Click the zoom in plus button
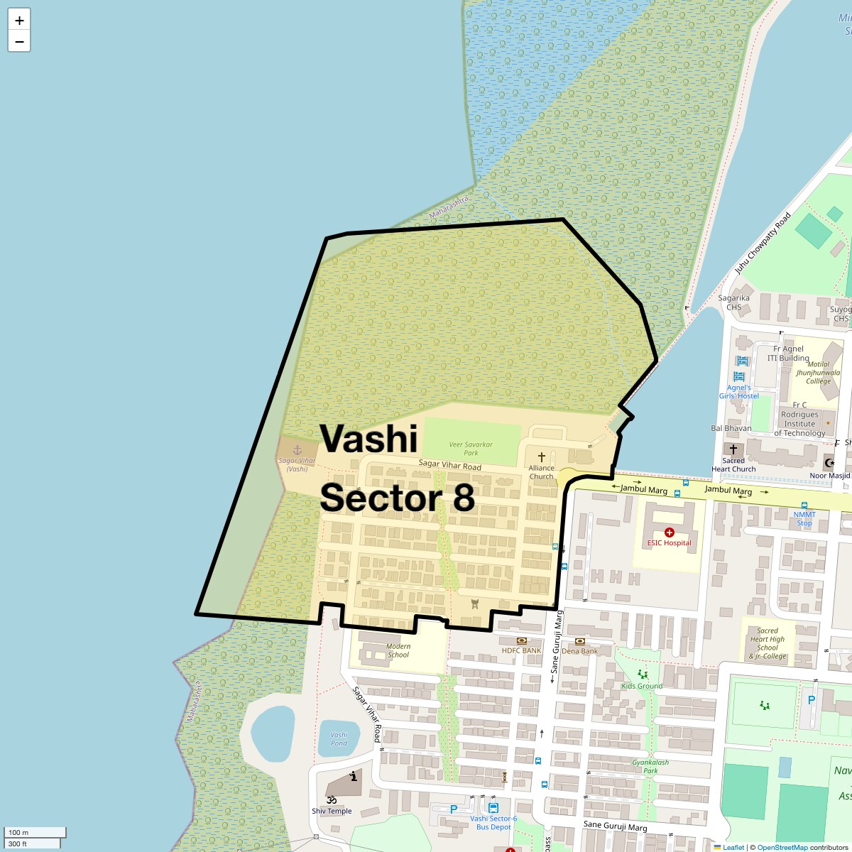(x=19, y=21)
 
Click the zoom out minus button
(x=19, y=42)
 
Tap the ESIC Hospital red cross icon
(x=669, y=532)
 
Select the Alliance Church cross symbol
(x=542, y=457)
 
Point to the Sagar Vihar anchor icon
(x=297, y=450)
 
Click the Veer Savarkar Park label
(x=471, y=449)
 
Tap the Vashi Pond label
(x=339, y=739)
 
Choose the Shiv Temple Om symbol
(x=331, y=800)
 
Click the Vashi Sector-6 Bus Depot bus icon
(x=493, y=808)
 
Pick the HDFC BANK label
(x=522, y=650)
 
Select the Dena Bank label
(x=579, y=651)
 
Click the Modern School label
(x=398, y=650)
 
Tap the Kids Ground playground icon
(x=643, y=674)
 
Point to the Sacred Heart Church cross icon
(x=733, y=449)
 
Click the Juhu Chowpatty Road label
(x=763, y=244)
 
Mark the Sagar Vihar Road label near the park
(x=450, y=465)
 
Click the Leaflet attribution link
(x=733, y=847)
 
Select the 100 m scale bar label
(x=19, y=832)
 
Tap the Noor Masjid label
(x=829, y=476)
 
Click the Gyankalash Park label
(x=650, y=766)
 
